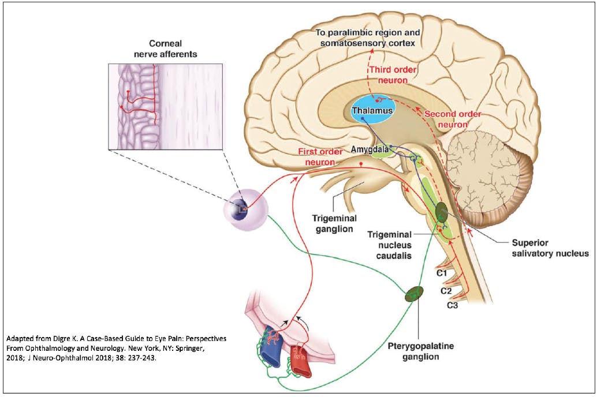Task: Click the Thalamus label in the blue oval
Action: (x=374, y=110)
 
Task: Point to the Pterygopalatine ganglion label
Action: (x=412, y=351)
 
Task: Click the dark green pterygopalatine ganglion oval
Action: (x=413, y=294)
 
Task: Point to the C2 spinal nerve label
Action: (x=445, y=291)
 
